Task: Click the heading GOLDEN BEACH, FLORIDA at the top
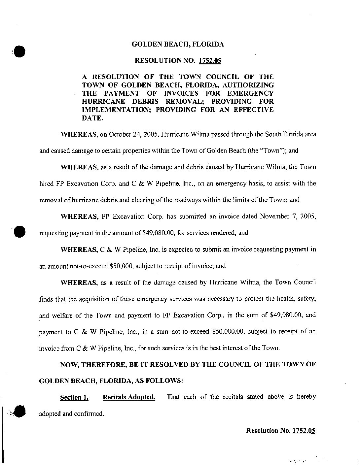click(x=178, y=44)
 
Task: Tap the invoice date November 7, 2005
click(x=288, y=216)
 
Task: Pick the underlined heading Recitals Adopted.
click(x=129, y=397)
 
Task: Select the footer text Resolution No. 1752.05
click(x=281, y=431)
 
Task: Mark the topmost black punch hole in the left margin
click(x=20, y=51)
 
